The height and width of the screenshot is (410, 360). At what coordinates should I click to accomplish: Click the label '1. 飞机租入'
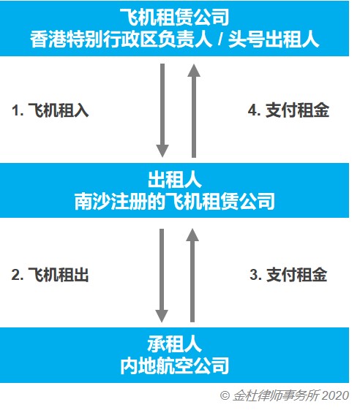click(x=50, y=110)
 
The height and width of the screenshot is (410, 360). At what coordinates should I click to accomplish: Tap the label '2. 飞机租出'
click(x=50, y=275)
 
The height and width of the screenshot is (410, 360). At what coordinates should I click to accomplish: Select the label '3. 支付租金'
click(x=288, y=275)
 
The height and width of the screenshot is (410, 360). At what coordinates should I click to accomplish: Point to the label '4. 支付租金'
click(x=288, y=110)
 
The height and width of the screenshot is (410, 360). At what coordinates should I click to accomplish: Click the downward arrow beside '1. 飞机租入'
click(x=162, y=110)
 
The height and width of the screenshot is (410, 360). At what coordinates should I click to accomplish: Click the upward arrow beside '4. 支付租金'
click(x=194, y=111)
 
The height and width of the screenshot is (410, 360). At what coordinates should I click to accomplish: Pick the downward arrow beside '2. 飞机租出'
click(x=162, y=276)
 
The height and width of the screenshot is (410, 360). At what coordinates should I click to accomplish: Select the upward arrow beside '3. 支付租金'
click(x=192, y=276)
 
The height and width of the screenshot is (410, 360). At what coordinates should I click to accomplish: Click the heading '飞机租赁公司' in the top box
click(x=174, y=18)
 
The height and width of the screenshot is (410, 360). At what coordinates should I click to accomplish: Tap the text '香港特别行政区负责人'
click(x=121, y=39)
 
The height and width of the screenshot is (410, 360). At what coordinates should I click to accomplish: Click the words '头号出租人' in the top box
click(x=274, y=39)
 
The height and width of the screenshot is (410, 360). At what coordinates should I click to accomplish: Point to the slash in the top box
click(x=220, y=40)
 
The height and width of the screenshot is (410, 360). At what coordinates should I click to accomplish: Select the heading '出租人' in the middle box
click(x=175, y=180)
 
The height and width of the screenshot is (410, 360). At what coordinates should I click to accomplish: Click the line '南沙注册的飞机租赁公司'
click(x=175, y=201)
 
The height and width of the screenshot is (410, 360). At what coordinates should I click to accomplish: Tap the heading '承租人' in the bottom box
click(x=175, y=344)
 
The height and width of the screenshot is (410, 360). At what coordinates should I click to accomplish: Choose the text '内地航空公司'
click(x=175, y=365)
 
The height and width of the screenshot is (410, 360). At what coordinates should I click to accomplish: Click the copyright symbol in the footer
click(x=225, y=395)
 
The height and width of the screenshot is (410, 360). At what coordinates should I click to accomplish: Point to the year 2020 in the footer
click(x=335, y=395)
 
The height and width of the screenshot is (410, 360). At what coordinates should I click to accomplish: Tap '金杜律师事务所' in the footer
click(x=276, y=395)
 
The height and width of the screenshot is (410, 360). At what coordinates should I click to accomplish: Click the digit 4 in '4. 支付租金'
click(x=252, y=110)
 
